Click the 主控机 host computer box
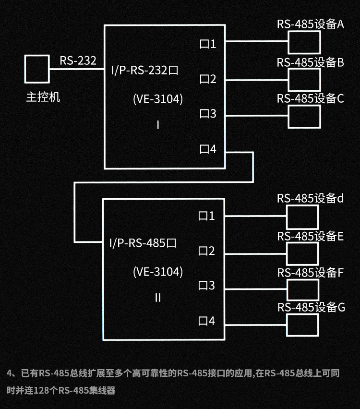click(37, 69)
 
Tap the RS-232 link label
click(78, 61)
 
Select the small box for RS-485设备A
click(304, 43)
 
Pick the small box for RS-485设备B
click(304, 80)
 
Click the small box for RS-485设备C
click(304, 117)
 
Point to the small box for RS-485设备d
click(302, 217)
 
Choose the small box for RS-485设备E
click(302, 253)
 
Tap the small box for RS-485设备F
click(302, 290)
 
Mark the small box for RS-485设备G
click(302, 325)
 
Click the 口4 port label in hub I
click(208, 149)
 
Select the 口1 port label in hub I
click(208, 45)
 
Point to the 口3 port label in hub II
click(207, 286)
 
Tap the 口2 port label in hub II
click(207, 251)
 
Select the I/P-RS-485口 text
click(143, 243)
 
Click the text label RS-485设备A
click(310, 24)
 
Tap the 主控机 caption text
click(43, 97)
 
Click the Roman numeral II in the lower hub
click(158, 298)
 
